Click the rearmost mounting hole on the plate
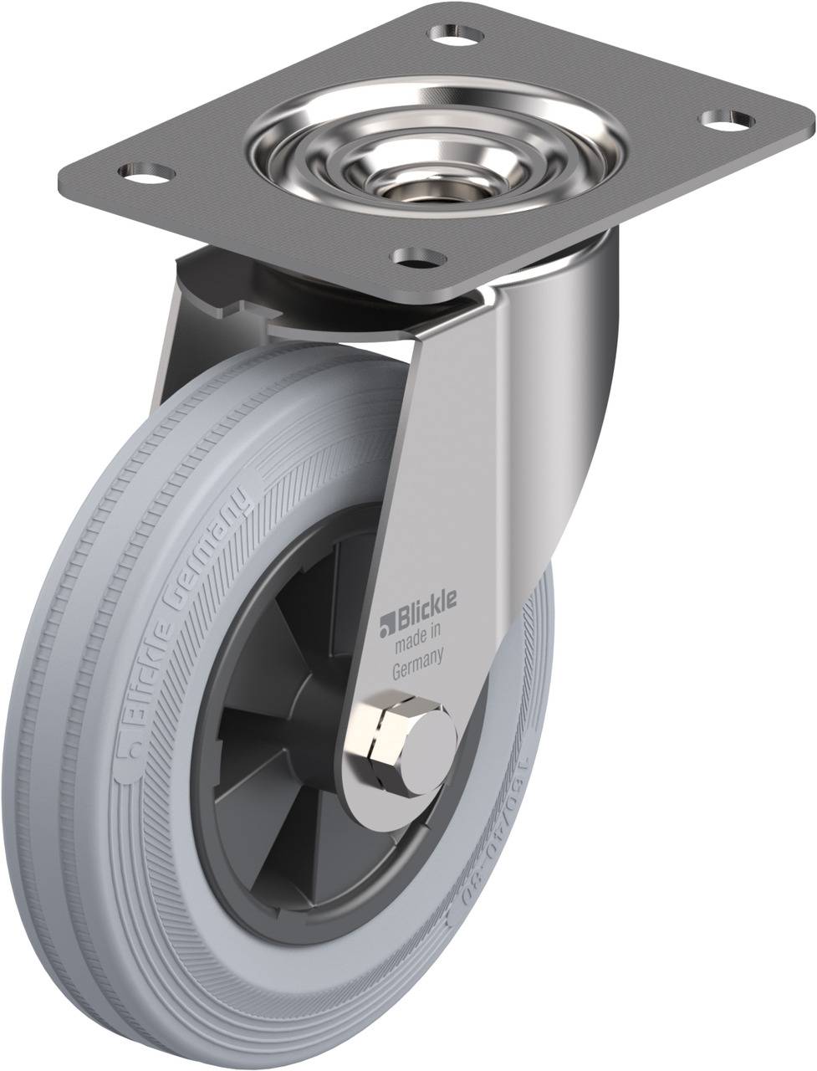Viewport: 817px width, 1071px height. (x=457, y=36)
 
